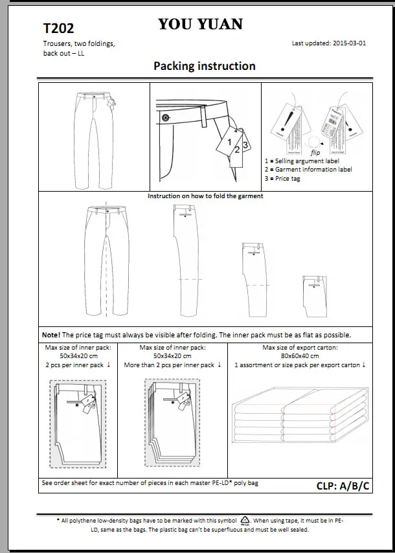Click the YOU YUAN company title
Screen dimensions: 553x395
point(200,25)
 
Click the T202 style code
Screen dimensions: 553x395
point(58,28)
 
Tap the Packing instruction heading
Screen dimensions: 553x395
point(204,66)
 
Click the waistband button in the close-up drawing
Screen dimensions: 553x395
point(166,117)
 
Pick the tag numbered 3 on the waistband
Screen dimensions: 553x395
point(245,144)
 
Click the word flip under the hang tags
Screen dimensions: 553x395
point(315,152)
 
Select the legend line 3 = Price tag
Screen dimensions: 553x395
point(283,178)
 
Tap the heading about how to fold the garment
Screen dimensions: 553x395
point(205,196)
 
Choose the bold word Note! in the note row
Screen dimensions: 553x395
point(51,335)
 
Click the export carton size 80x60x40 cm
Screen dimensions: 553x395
point(299,356)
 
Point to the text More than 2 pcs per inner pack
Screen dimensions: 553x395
point(172,365)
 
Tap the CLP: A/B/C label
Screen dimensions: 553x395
point(343,486)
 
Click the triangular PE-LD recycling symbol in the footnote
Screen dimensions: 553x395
point(245,520)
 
